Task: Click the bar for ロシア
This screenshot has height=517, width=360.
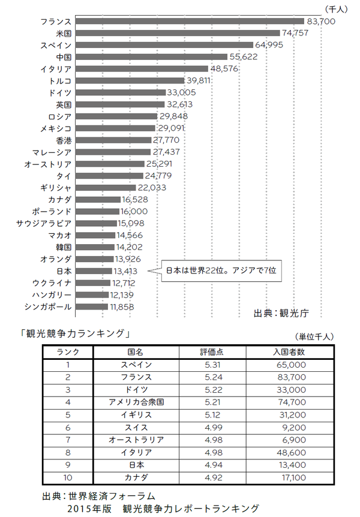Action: tap(118, 116)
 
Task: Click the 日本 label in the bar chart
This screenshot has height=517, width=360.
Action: tap(64, 271)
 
